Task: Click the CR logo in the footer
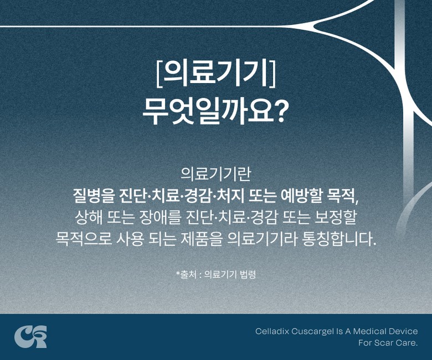[x=30, y=337]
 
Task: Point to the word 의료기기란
[x=215, y=174]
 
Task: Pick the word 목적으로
[x=84, y=239]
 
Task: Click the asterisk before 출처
[x=178, y=273]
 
